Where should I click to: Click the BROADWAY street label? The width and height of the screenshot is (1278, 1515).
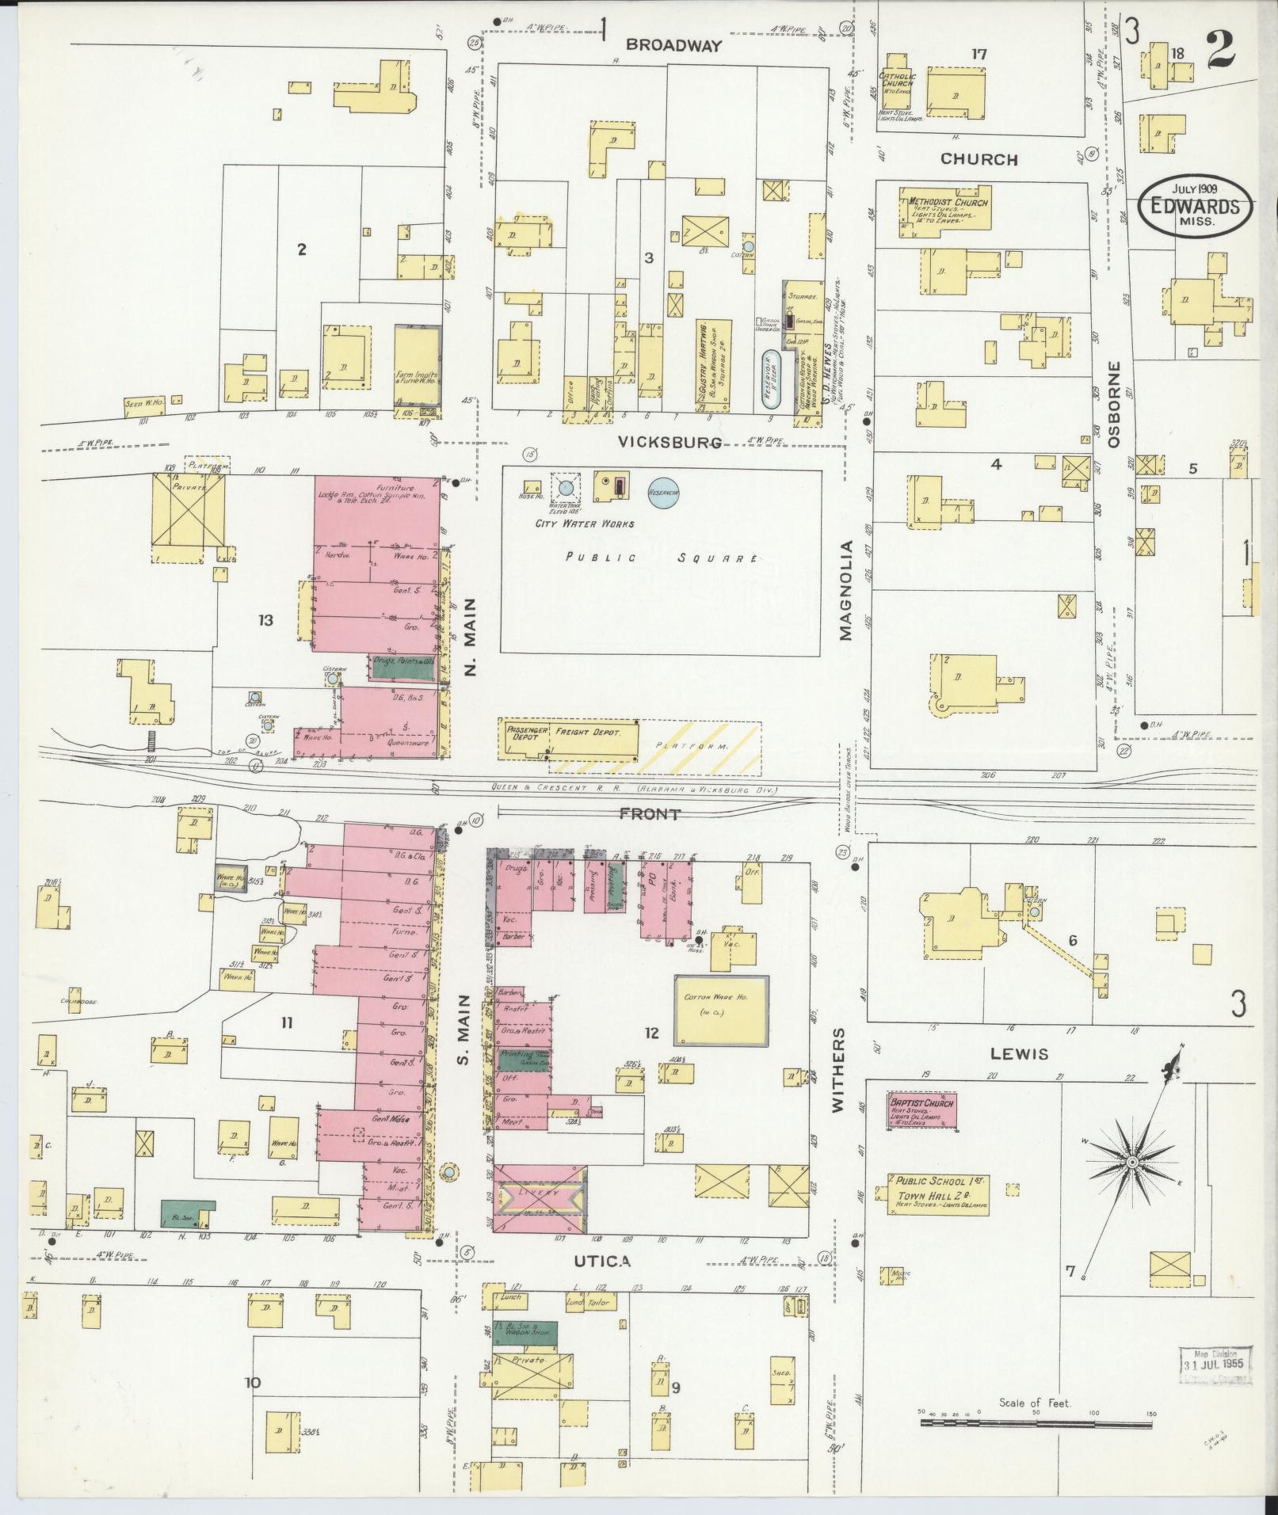click(674, 46)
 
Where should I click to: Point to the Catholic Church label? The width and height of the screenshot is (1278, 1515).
click(897, 80)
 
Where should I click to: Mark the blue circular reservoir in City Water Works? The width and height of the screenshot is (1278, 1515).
click(664, 492)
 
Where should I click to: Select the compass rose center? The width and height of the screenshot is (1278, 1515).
click(1132, 1161)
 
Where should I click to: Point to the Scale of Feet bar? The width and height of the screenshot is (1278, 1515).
click(1036, 1422)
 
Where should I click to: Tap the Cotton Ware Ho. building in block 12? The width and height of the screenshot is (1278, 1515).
click(721, 1007)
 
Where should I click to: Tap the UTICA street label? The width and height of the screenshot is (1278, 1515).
click(604, 1261)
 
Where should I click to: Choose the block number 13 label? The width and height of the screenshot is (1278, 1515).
click(265, 620)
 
